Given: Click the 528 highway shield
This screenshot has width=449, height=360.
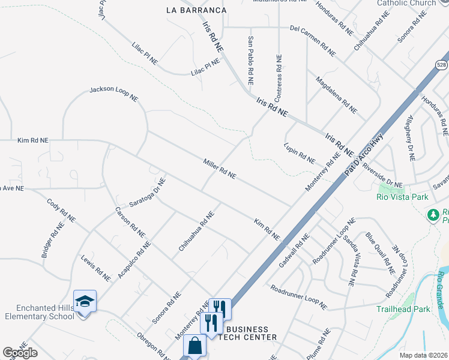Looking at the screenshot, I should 441,64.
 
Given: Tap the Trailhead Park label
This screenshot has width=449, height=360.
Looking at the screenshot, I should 403,310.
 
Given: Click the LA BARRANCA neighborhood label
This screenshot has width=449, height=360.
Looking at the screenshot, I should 197,10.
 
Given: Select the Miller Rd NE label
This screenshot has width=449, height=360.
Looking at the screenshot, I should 219,169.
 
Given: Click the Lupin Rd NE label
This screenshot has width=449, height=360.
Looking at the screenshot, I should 299,153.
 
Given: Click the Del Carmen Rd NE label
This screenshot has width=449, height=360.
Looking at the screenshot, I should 312,37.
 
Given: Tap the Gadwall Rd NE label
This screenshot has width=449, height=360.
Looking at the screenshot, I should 294,250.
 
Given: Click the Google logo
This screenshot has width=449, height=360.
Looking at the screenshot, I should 20,353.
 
